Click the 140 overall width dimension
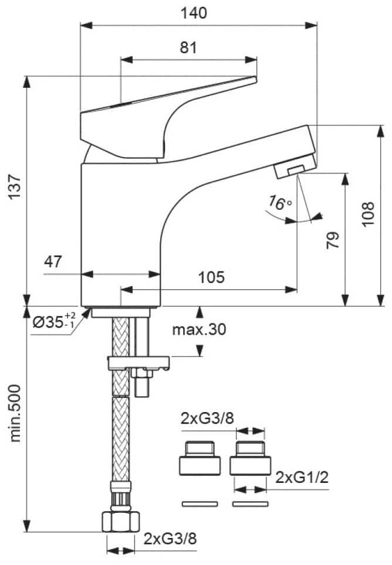[194, 13]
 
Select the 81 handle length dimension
[188, 47]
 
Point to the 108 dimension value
[368, 214]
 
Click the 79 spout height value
[333, 240]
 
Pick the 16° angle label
[279, 203]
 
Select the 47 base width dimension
[53, 261]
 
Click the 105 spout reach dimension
[211, 277]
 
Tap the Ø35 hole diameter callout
[54, 321]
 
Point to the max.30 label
[199, 329]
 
